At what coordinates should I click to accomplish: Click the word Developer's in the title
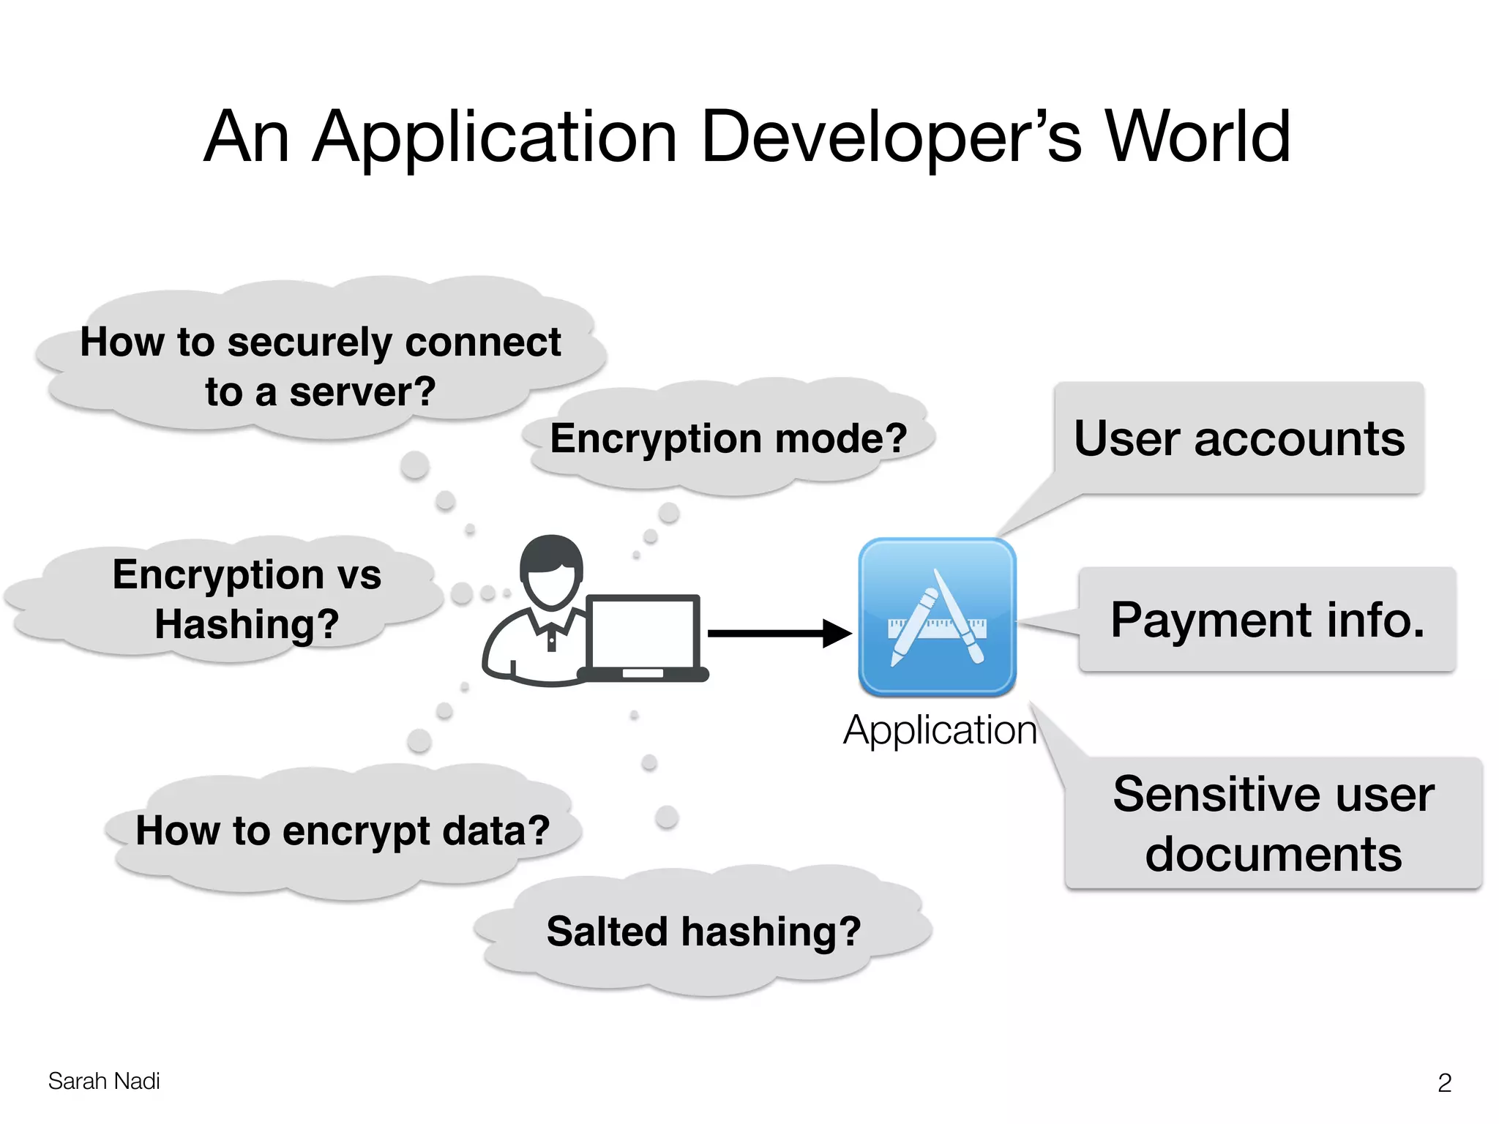pos(890,138)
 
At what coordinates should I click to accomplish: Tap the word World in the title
pos(1197,138)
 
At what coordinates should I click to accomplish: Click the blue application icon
pos(937,616)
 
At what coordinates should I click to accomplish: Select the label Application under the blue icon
pos(940,730)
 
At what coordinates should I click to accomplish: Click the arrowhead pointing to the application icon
pos(836,633)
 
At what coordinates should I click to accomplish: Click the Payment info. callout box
pos(1267,620)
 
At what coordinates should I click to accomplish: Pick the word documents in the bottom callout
pos(1273,855)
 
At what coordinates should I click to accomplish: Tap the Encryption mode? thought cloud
pos(728,438)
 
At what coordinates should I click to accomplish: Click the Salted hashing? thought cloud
pos(703,932)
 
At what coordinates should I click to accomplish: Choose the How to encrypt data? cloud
pos(343,831)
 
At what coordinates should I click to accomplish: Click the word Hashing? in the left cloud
pos(247,624)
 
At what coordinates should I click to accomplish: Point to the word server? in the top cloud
pos(362,391)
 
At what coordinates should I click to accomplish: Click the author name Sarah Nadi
pos(104,1081)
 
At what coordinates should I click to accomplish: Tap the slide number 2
pos(1444,1082)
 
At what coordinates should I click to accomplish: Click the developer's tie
pos(551,642)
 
